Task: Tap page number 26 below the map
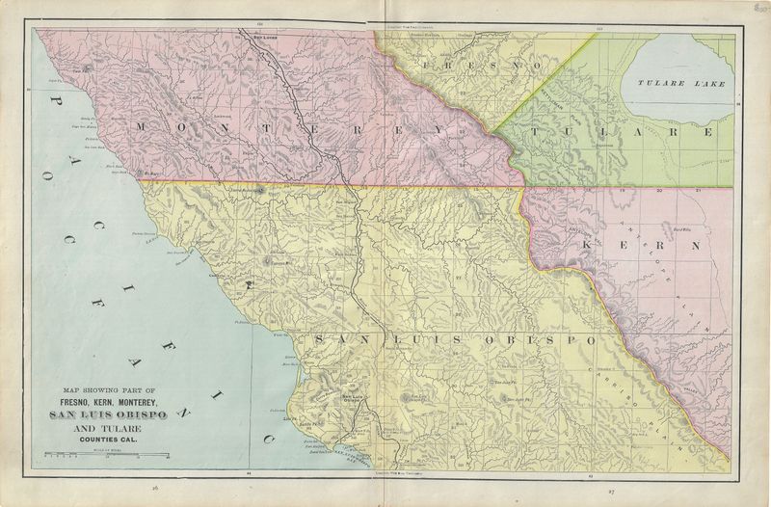point(153,489)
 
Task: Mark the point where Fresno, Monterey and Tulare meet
point(492,132)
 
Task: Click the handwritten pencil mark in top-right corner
point(758,8)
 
